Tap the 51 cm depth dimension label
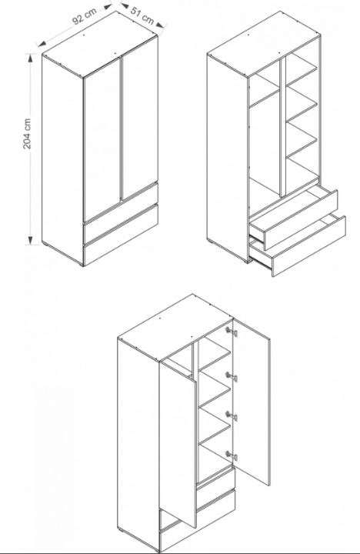pos(142,15)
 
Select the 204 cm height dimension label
pos(27,134)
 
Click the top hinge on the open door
pos(232,332)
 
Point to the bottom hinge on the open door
pos(232,456)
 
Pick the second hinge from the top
pos(232,376)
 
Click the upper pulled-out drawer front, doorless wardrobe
pos(300,220)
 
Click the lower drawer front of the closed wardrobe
pos(121,235)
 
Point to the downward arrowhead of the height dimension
pos(31,239)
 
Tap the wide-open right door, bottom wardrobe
pos(252,402)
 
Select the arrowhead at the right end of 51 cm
pos(160,25)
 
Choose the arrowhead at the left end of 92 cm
pos(42,44)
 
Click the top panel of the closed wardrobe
pos(100,43)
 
